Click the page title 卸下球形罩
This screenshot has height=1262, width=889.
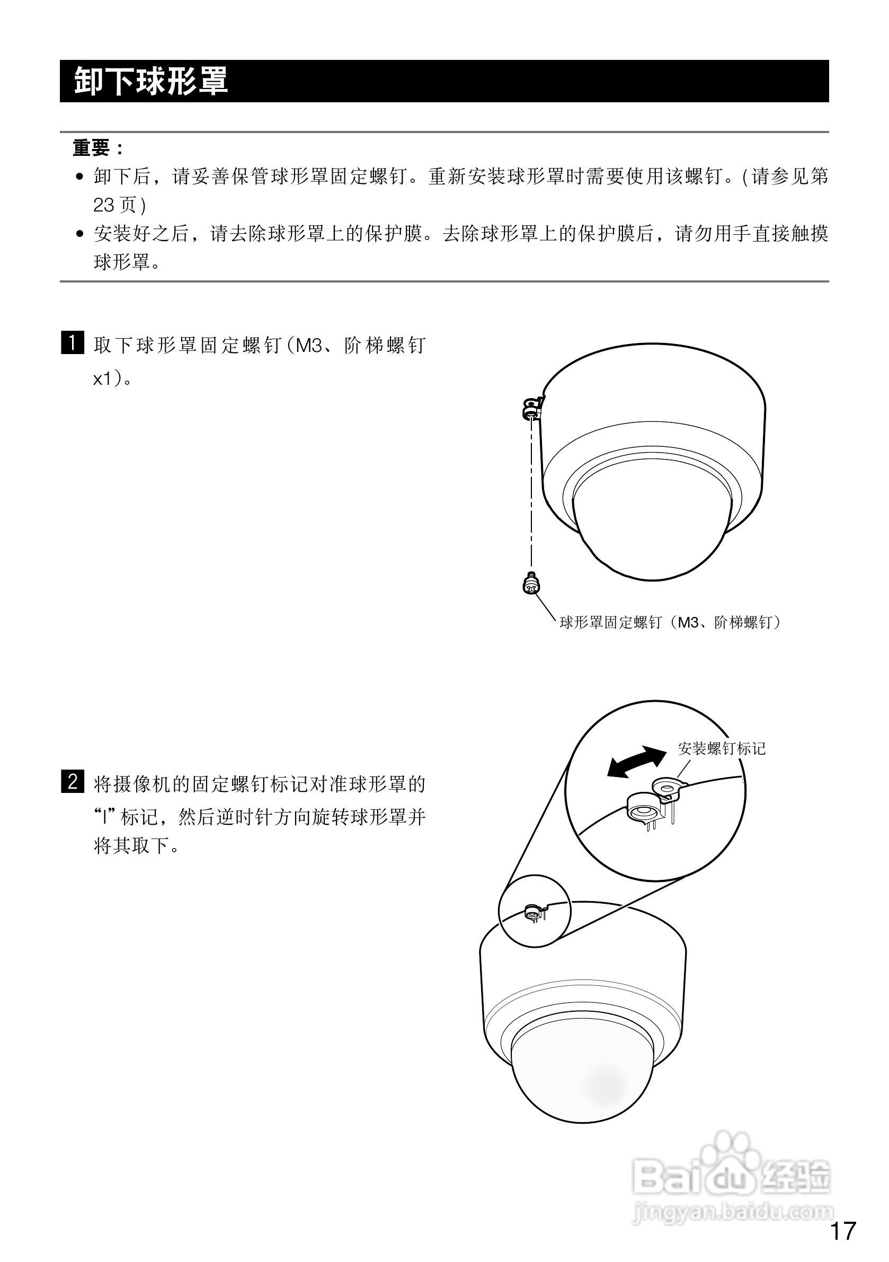tap(150, 81)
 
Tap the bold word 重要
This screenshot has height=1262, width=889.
tap(91, 148)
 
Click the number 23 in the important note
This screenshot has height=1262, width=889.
tap(104, 205)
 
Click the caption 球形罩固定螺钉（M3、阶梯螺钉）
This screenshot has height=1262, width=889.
tap(670, 622)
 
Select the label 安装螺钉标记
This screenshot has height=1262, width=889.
tap(721, 748)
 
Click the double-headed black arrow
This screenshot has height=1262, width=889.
tap(636, 762)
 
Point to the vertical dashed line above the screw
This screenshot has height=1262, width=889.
tap(531, 495)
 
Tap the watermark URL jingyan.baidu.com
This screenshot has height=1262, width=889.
tap(733, 1211)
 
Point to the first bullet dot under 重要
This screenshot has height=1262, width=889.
tap(80, 177)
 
